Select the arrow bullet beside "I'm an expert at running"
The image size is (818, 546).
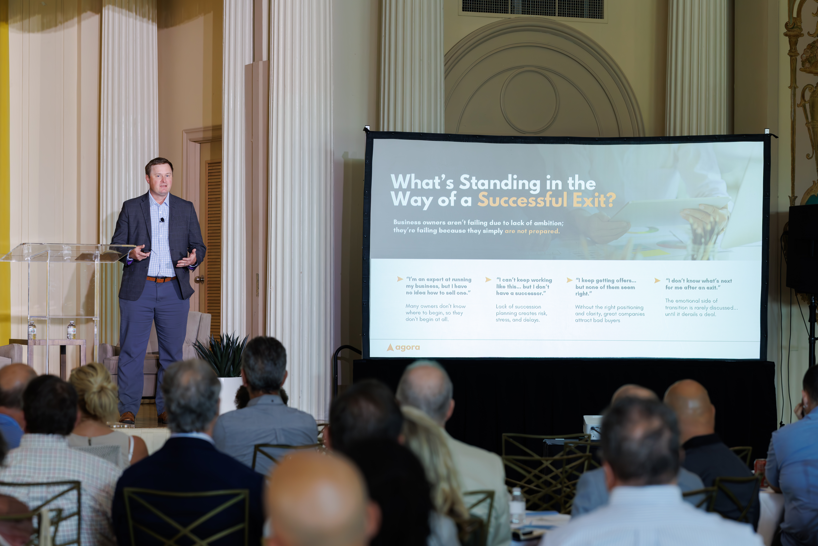tap(400, 279)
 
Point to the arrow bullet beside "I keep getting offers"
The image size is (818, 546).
tap(570, 280)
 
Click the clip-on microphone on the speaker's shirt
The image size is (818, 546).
tap(162, 220)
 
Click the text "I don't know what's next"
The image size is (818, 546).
tap(699, 281)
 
